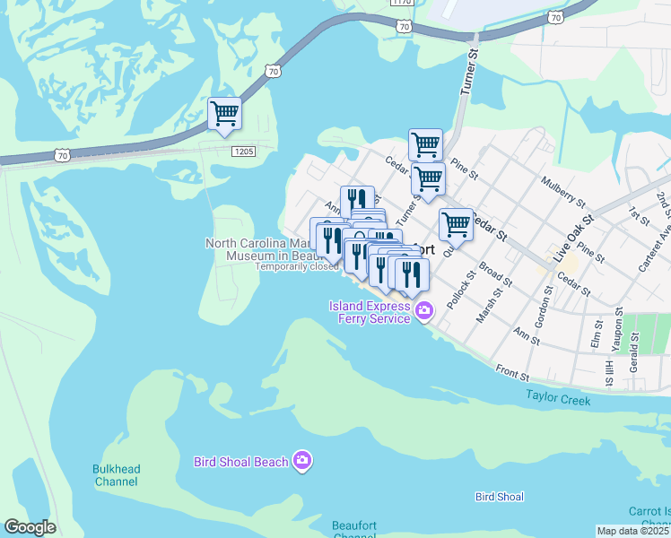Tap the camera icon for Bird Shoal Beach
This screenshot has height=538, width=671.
point(303,461)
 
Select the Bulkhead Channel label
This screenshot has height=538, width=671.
point(116,475)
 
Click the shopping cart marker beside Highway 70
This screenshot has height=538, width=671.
point(224,114)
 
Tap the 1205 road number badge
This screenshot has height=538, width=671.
point(243,152)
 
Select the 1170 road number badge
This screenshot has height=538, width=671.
point(403,3)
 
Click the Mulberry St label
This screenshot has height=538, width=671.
point(562,192)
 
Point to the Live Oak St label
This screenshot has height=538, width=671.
point(574,238)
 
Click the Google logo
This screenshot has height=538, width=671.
point(30,527)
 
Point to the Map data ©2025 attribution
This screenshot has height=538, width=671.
point(633,531)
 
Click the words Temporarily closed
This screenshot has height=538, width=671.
point(296,266)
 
